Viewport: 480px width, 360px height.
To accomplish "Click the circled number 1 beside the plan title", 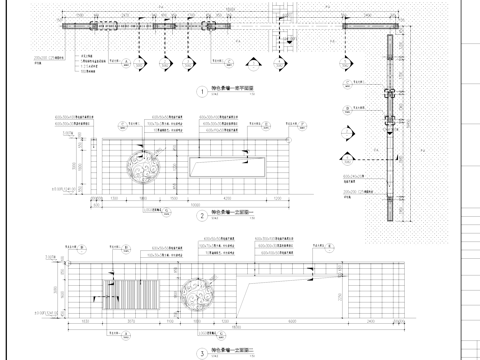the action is (x=201, y=91).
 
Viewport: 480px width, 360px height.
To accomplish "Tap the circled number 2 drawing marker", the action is (x=201, y=215).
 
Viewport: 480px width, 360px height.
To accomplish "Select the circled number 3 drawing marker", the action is (x=201, y=352).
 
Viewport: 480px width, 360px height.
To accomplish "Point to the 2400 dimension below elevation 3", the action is (x=370, y=321).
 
